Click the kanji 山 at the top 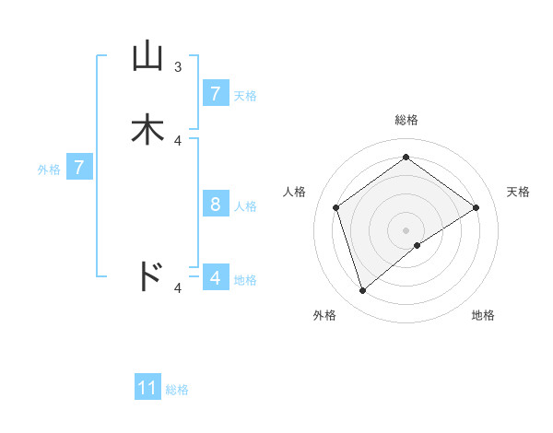coord(147,57)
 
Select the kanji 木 coord(147,130)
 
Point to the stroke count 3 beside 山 coord(178,66)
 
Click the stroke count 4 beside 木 coord(178,140)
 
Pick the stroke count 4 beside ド coord(178,287)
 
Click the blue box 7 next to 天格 coord(215,94)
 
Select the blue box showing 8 coord(215,205)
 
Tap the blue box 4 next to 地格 coord(215,277)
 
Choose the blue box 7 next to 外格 coord(79,169)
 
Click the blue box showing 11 coord(147,388)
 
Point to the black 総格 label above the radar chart coord(406,120)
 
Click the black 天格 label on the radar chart coord(518,192)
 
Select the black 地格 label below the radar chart coord(483,315)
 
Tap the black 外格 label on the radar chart coord(324,315)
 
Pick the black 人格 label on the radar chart coord(295,192)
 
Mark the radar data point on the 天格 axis coord(476,207)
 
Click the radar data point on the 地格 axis coord(418,245)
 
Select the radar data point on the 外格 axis coord(363,291)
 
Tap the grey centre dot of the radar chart coord(406,229)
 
